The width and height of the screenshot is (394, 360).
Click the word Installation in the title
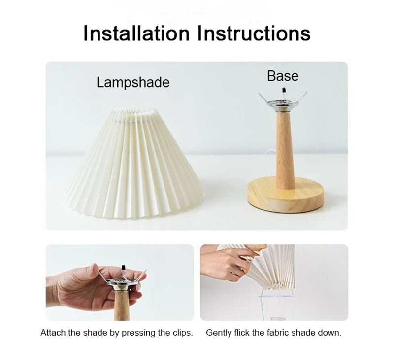(136, 33)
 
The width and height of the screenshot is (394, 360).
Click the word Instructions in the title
(254, 33)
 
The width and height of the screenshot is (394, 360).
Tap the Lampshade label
(133, 82)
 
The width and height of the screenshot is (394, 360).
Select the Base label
(283, 76)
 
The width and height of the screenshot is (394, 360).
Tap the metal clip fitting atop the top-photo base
(283, 102)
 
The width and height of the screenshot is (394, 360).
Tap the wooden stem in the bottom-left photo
(122, 305)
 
